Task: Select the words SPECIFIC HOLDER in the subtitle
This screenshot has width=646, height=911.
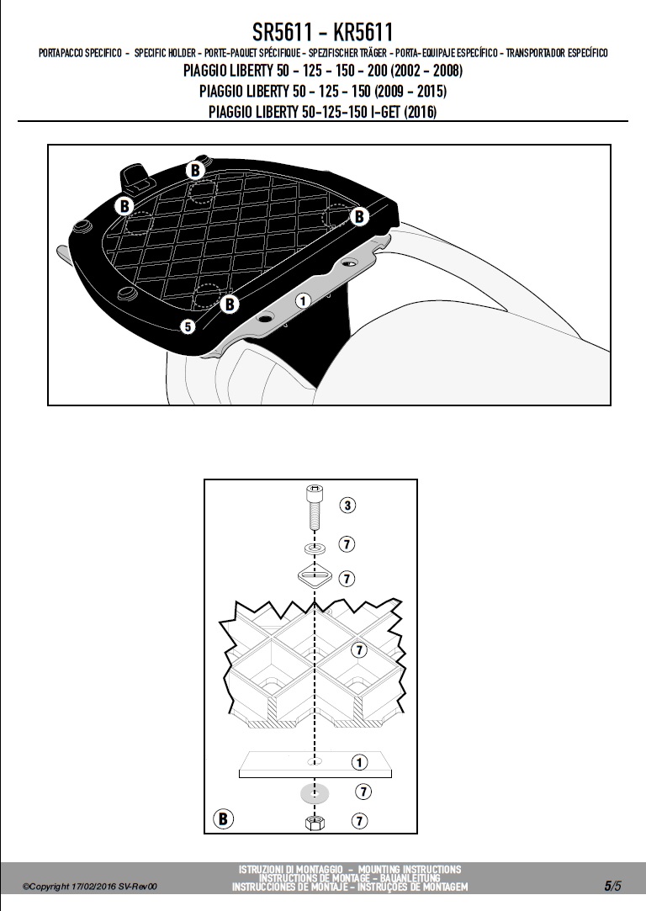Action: click(x=165, y=53)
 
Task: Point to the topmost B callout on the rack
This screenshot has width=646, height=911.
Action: click(x=195, y=170)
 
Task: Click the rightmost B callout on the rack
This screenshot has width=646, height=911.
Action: click(x=359, y=216)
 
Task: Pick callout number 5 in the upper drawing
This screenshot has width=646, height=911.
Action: click(x=188, y=326)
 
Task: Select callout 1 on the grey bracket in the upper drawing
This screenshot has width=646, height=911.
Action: click(x=302, y=300)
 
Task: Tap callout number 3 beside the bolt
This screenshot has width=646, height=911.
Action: click(x=347, y=505)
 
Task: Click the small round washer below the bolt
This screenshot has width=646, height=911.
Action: click(x=315, y=548)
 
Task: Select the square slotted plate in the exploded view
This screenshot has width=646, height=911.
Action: click(x=315, y=577)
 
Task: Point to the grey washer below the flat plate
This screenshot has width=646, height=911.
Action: click(x=315, y=792)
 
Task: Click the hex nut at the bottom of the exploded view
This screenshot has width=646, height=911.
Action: click(x=315, y=822)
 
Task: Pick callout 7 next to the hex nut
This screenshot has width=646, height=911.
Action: click(x=360, y=820)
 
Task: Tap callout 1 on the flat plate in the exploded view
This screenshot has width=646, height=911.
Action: click(x=360, y=761)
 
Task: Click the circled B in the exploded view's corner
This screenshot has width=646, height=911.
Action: click(x=223, y=819)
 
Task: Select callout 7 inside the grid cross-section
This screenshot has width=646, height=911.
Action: click(x=360, y=649)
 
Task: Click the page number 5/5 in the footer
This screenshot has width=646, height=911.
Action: click(x=612, y=886)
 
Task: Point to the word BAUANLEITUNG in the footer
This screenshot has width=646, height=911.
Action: click(x=410, y=878)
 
